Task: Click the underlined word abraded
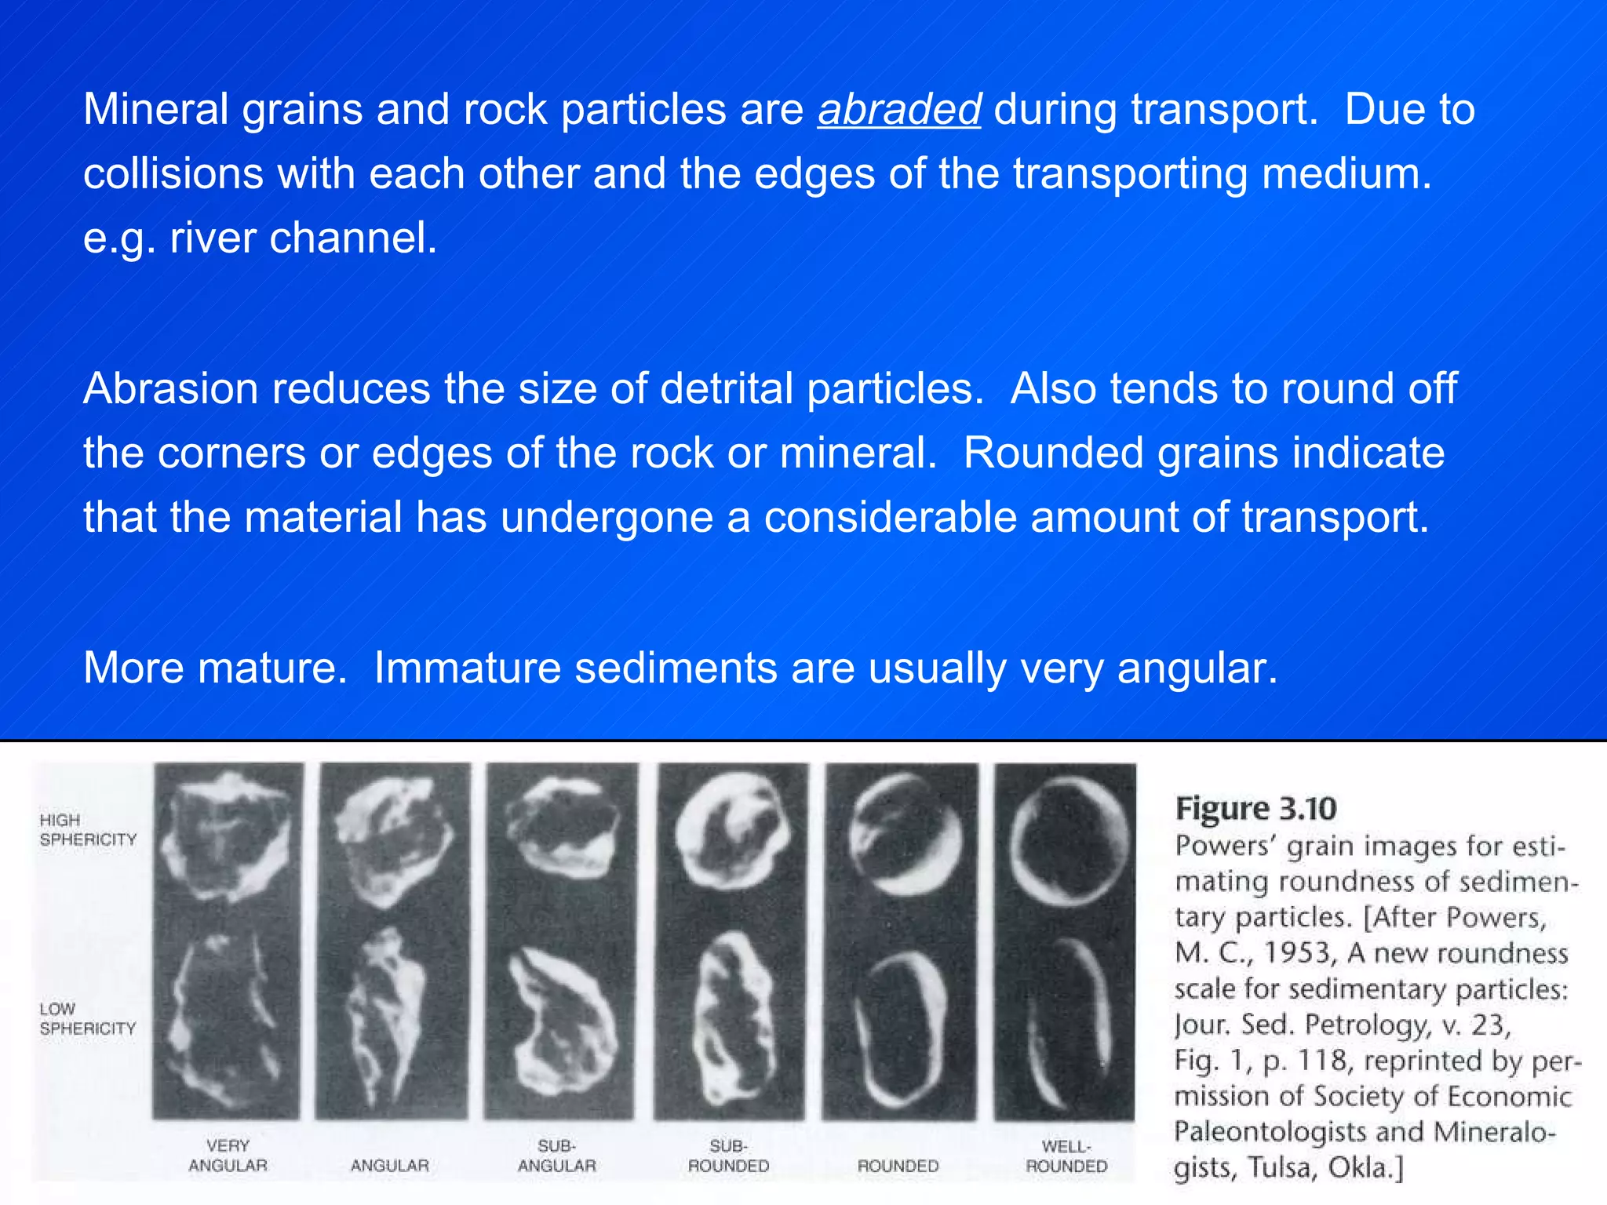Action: pos(898,110)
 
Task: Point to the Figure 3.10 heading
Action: pos(1255,808)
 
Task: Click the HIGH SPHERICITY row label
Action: pos(87,829)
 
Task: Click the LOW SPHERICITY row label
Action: pos(87,1018)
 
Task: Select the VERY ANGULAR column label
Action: pos(228,1156)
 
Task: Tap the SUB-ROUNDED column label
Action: pos(728,1156)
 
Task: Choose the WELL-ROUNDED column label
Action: pos(1066,1156)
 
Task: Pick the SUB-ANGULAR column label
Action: pos(556,1156)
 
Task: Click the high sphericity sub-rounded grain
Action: pos(730,839)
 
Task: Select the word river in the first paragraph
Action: pos(213,238)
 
